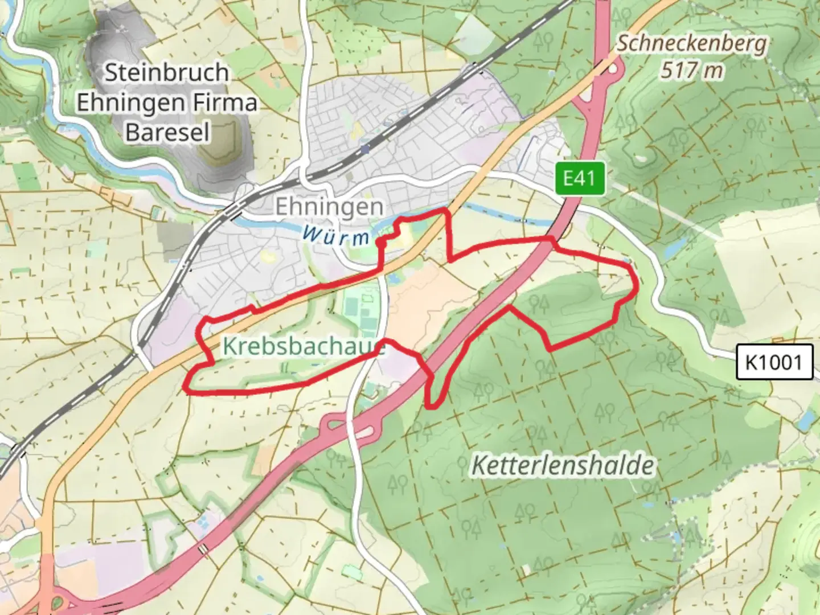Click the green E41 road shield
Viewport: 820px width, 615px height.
[579, 179]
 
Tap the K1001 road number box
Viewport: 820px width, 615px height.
[773, 362]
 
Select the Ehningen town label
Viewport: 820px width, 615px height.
[329, 207]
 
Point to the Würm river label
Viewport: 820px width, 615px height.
[336, 235]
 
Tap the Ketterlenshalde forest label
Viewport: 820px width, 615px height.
[563, 466]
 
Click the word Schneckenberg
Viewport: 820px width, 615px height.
[692, 43]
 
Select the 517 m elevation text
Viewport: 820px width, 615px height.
[692, 71]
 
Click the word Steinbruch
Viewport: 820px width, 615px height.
[167, 72]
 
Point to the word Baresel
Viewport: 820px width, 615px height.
[167, 132]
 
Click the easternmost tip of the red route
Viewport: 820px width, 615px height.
[635, 285]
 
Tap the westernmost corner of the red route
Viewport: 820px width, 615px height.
[185, 389]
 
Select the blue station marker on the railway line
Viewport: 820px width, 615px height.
[365, 149]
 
